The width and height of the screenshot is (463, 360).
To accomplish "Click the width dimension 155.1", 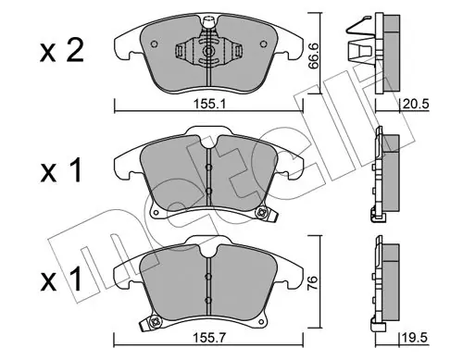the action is pyautogui.click(x=209, y=104).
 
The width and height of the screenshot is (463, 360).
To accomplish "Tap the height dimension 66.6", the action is pyautogui.click(x=313, y=56).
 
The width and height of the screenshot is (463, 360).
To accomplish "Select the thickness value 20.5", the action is pyautogui.click(x=416, y=104).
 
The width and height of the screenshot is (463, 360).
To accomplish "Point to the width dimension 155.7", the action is pyautogui.click(x=209, y=339).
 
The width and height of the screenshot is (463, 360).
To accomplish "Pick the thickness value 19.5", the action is pyautogui.click(x=415, y=339).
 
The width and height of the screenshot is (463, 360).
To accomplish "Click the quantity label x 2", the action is pyautogui.click(x=62, y=52).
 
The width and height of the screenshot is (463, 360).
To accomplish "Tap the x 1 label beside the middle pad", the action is pyautogui.click(x=61, y=170).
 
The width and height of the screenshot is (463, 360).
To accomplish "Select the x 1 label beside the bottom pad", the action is pyautogui.click(x=61, y=279).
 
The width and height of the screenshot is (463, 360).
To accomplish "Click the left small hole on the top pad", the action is pyautogui.click(x=155, y=44).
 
